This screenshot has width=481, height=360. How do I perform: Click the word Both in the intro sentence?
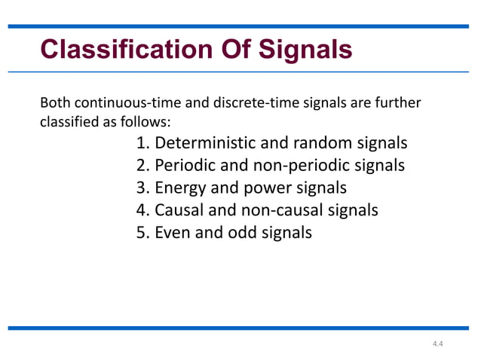click(x=52, y=102)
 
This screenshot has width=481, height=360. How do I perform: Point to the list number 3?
click(x=142, y=188)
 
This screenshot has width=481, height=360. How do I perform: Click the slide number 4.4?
click(x=438, y=344)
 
